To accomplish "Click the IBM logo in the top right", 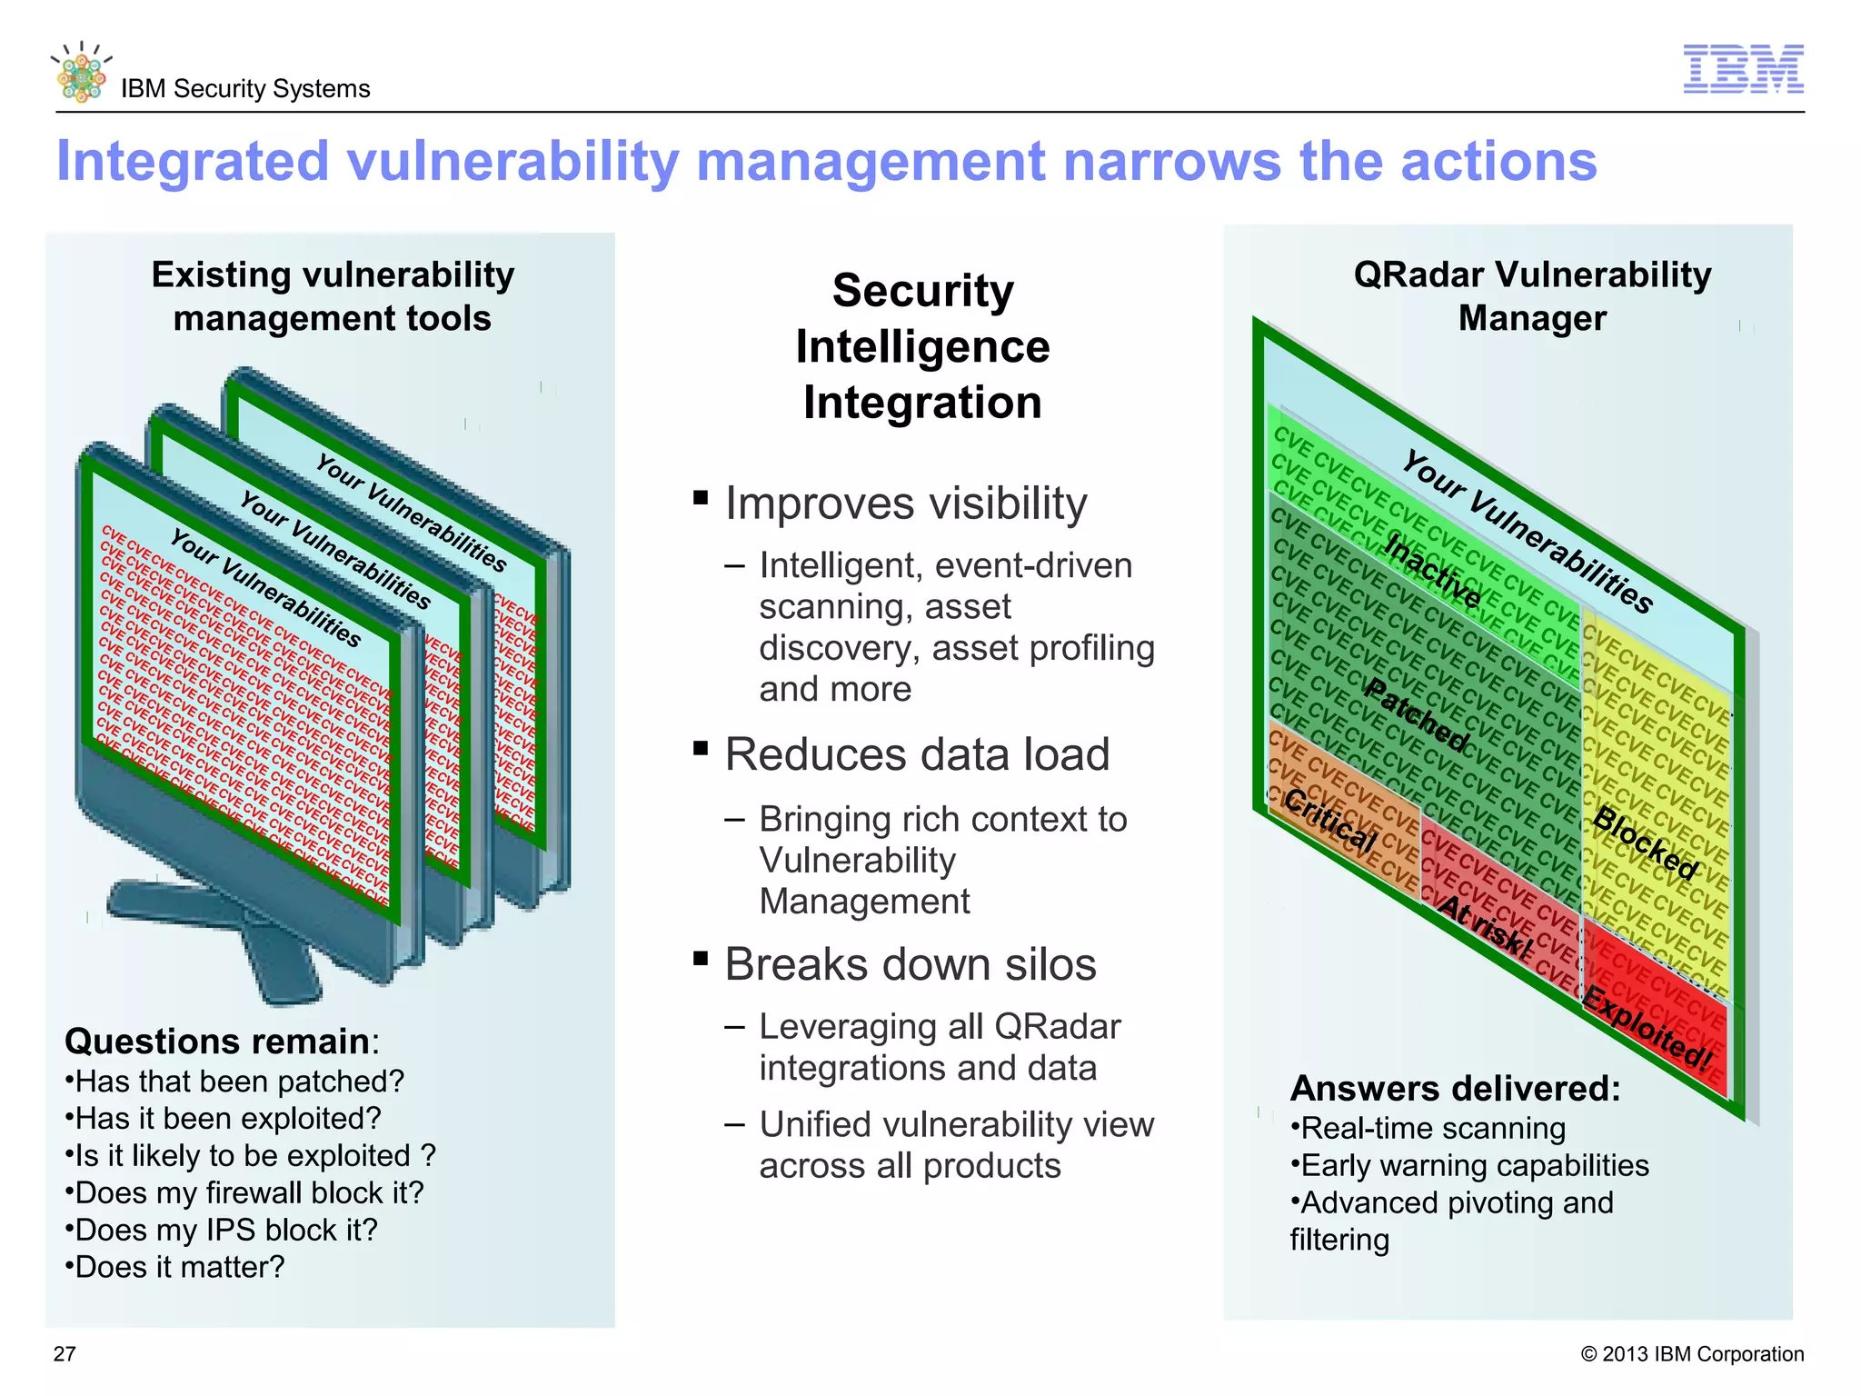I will pos(1743,69).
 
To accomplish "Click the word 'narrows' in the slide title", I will pos(1171,162).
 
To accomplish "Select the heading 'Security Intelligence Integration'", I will pos(922,346).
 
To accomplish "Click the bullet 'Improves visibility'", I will pos(905,504).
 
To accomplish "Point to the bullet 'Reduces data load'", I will pos(917,754).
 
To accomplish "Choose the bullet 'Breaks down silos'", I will pos(910,964).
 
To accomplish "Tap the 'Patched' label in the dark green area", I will pos(1417,715).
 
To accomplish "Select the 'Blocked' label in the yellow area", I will pos(1646,843).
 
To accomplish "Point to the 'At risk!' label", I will pos(1486,927).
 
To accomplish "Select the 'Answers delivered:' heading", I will pos(1455,1088).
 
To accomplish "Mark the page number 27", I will pos(65,1354).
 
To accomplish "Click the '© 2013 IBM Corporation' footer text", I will pos(1692,1354).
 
